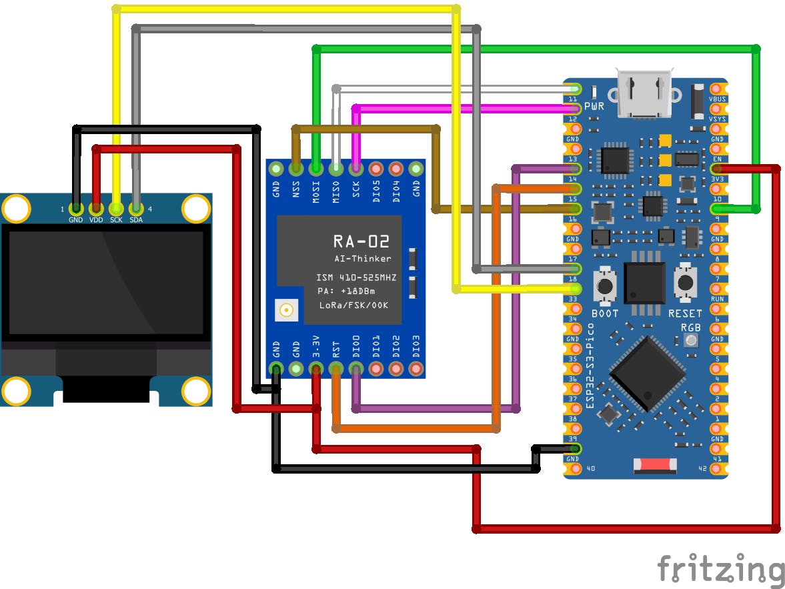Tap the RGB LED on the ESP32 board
pyautogui.click(x=690, y=341)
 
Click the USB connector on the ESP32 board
pyautogui.click(x=644, y=95)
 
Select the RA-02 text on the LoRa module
pyautogui.click(x=361, y=241)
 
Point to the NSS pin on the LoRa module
pyautogui.click(x=296, y=169)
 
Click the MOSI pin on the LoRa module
pyautogui.click(x=316, y=169)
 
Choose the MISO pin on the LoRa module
pyautogui.click(x=336, y=169)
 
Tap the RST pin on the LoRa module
pyautogui.click(x=336, y=369)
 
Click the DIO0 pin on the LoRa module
pyautogui.click(x=356, y=369)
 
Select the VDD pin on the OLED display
pyautogui.click(x=96, y=209)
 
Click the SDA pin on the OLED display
pyautogui.click(x=136, y=209)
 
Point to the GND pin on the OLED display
pyautogui.click(x=76, y=209)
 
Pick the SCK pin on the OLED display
pyautogui.click(x=116, y=209)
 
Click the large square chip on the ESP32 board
pyautogui.click(x=646, y=374)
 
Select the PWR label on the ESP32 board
pyautogui.click(x=594, y=106)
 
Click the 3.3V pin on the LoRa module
pyautogui.click(x=316, y=369)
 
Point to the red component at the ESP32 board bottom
pyautogui.click(x=654, y=465)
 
